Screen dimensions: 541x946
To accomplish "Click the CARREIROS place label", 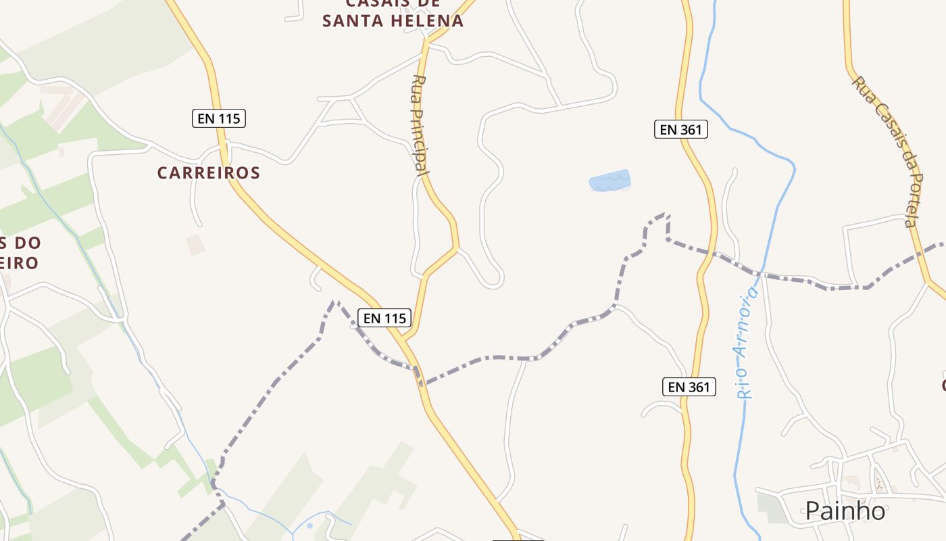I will tap(208, 173).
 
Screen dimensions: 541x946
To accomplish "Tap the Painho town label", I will tap(845, 511).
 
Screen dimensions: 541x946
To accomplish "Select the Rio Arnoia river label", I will tap(747, 342).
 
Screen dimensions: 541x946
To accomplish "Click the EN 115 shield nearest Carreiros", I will tap(218, 118).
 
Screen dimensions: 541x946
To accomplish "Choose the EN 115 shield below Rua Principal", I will tap(384, 318).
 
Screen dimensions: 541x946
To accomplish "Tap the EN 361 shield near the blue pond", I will tap(680, 129).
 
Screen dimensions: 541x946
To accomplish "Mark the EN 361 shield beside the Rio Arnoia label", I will tap(689, 387).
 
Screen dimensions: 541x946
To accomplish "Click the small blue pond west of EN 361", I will tap(609, 181).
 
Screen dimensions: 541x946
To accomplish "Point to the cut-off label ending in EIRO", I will tap(19, 262).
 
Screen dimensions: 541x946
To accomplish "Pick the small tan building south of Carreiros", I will tap(195, 245).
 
